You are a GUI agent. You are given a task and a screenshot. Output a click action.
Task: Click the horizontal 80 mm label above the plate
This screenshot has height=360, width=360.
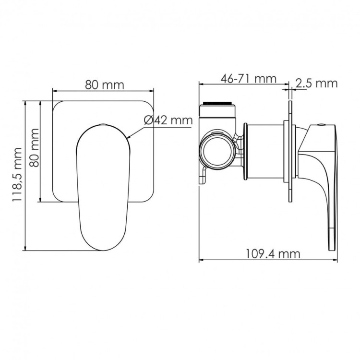(104, 85)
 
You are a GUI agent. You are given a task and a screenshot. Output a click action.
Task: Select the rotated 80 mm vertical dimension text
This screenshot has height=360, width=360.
(34, 146)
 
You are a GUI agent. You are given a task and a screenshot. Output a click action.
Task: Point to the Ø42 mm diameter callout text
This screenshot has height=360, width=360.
(168, 120)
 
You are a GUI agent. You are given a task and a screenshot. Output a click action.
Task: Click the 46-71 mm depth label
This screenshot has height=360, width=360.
(249, 78)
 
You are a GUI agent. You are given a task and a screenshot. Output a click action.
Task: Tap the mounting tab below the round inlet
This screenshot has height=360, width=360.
(204, 176)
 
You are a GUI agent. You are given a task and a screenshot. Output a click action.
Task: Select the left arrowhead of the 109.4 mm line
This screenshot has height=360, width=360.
(201, 261)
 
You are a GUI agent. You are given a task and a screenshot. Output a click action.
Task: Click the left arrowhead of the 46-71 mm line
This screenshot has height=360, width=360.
(201, 84)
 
